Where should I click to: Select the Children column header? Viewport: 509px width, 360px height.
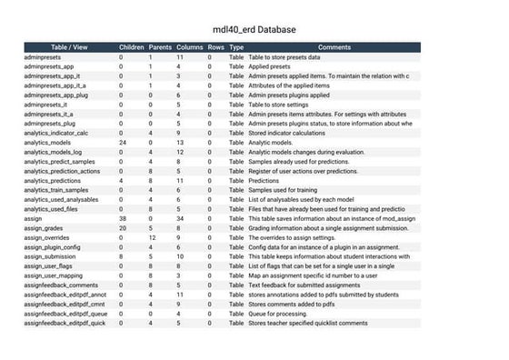click(x=132, y=46)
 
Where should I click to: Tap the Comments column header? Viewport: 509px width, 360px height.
click(x=334, y=46)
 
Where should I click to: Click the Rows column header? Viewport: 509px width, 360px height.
click(x=215, y=46)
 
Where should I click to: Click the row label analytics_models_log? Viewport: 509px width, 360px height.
click(x=53, y=152)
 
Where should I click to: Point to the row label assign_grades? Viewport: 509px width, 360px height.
click(x=43, y=228)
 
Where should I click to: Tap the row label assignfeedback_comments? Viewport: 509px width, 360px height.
click(x=59, y=285)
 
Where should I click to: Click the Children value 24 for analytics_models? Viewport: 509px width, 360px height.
click(x=121, y=142)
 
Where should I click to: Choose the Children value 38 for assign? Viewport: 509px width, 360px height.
click(x=121, y=218)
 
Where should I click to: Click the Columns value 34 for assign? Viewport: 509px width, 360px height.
click(x=180, y=218)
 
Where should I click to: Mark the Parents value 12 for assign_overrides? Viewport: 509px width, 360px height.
click(x=151, y=237)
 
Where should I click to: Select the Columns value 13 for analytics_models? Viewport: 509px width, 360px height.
click(x=180, y=142)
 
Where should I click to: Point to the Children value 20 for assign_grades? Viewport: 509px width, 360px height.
click(x=121, y=228)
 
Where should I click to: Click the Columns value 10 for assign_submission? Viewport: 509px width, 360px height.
click(x=180, y=256)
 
